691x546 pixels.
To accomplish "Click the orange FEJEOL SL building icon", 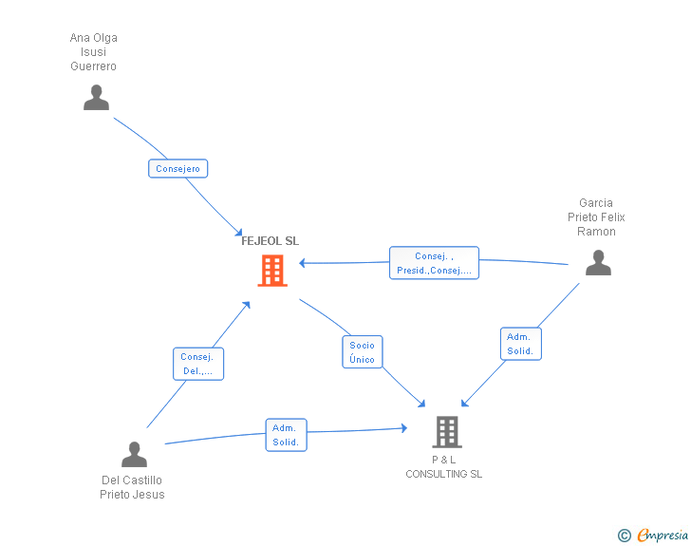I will tap(272, 271).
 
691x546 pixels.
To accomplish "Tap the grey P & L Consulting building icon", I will tap(446, 432).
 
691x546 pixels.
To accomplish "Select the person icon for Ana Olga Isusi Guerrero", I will tap(96, 98).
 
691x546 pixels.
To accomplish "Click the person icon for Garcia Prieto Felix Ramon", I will tap(598, 263).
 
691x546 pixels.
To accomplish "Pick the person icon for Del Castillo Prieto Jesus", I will tap(134, 455).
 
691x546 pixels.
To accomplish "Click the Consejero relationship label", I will tap(177, 169).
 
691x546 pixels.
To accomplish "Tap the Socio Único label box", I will tap(362, 352).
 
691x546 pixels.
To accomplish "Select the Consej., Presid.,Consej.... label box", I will tap(434, 263).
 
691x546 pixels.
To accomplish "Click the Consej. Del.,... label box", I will tap(198, 364).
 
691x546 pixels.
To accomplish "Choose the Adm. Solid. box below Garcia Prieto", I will tap(520, 344).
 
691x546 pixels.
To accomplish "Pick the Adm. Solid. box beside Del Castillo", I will tap(286, 435).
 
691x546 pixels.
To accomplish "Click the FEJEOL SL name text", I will tap(270, 241).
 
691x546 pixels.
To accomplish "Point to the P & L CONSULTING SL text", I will tap(443, 467).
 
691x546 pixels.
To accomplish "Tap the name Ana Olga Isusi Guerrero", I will tap(94, 52).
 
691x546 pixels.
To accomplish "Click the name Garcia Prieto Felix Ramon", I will tap(596, 217).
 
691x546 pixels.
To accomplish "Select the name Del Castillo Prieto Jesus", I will tap(132, 487).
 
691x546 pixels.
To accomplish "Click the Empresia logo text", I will tap(663, 535).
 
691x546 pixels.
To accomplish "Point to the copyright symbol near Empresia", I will tap(624, 536).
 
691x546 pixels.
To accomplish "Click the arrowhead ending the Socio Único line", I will tap(422, 405).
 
